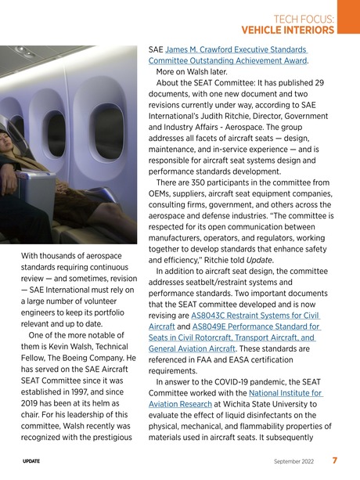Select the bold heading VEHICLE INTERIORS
click(x=288, y=31)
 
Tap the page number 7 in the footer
click(x=334, y=460)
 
